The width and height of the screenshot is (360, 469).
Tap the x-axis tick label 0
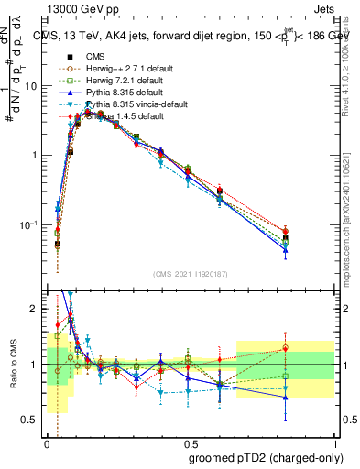(x=47, y=441)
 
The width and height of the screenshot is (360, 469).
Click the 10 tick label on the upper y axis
(x=31, y=85)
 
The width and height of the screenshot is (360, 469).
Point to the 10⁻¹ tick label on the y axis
(x=29, y=224)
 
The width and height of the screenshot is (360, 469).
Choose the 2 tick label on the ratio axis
(x=35, y=309)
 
